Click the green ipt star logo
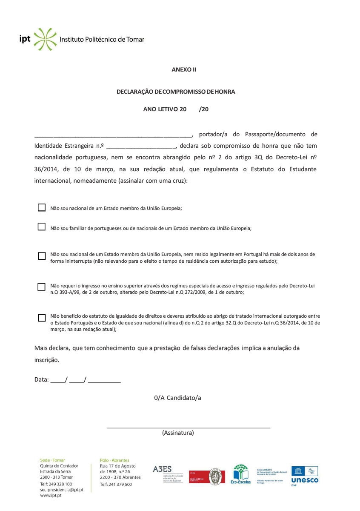coord(45,39)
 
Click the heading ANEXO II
coord(184,69)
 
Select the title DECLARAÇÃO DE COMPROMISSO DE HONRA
coord(176,92)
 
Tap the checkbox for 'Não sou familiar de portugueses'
coord(41,227)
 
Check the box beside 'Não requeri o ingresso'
coord(41,287)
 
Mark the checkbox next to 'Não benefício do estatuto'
coord(42,318)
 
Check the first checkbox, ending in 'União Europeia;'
coord(41,207)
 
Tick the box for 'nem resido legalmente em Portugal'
coord(42,256)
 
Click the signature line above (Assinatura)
coord(189,427)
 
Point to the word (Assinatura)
coord(178,433)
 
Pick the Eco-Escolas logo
coord(240,474)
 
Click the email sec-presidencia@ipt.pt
coord(62,490)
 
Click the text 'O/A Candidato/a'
coord(177,398)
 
